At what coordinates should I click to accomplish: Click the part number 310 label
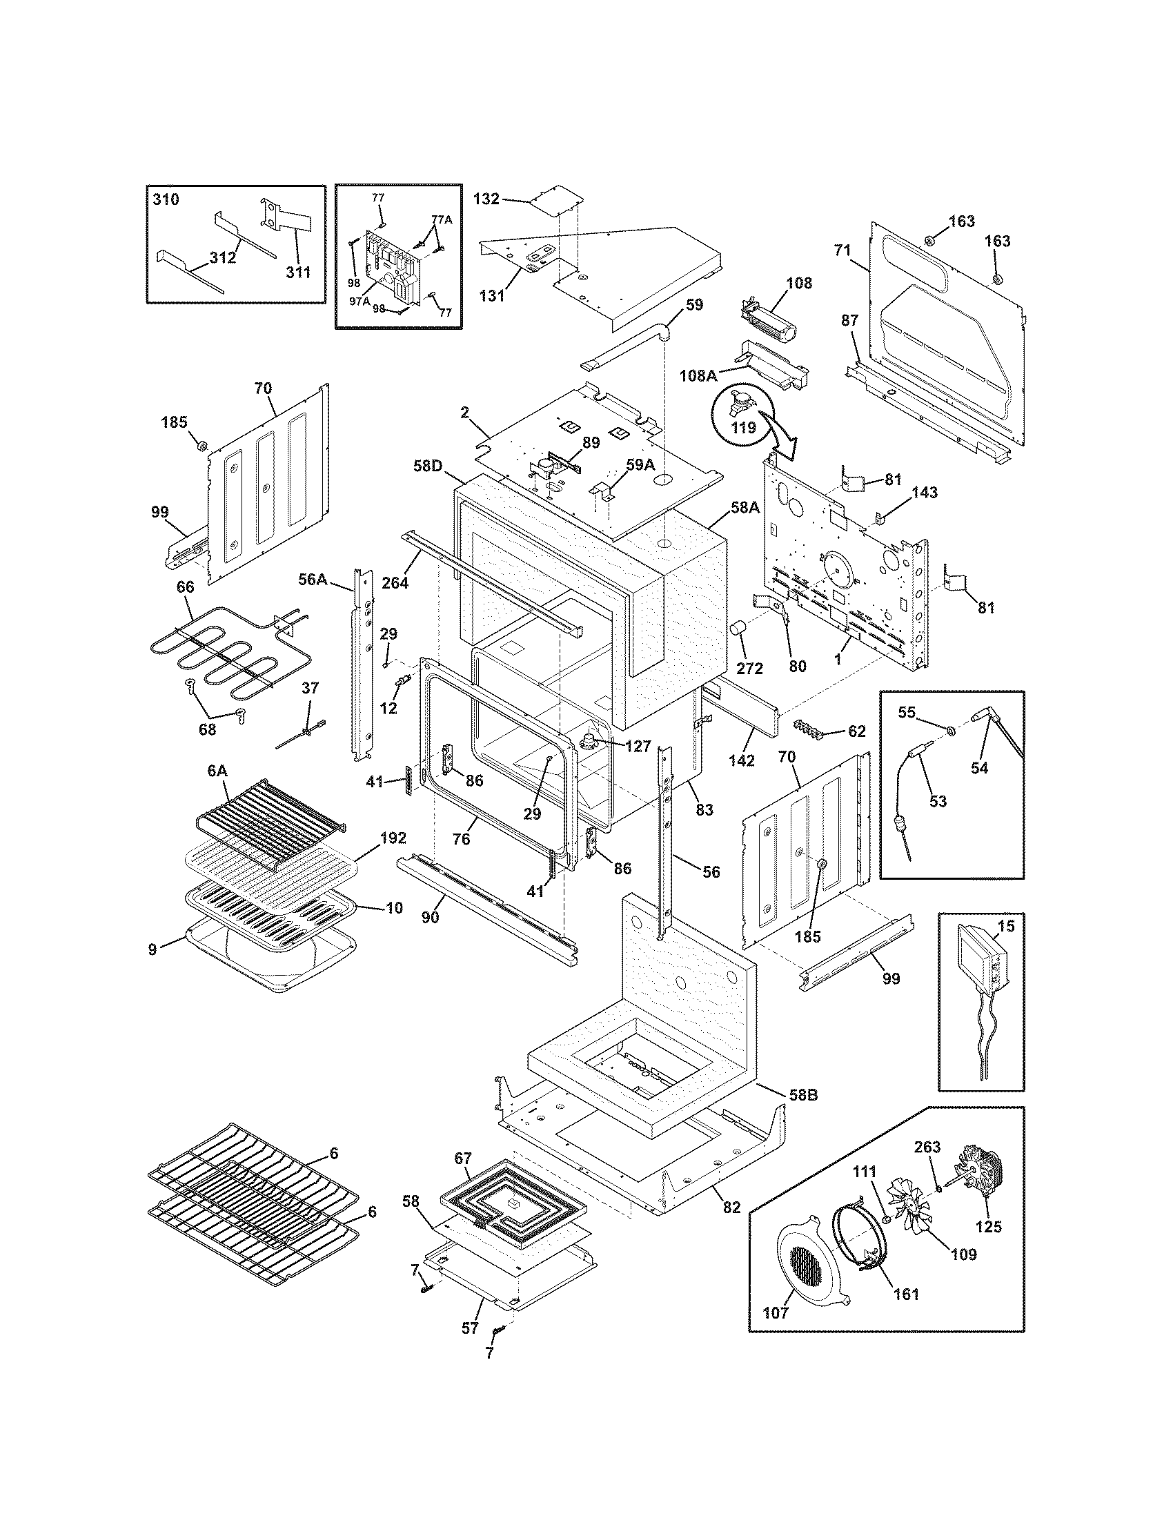166,200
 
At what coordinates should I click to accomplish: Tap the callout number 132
486,199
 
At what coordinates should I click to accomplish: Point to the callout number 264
395,582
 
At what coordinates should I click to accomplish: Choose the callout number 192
393,838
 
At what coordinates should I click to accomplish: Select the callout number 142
742,761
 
